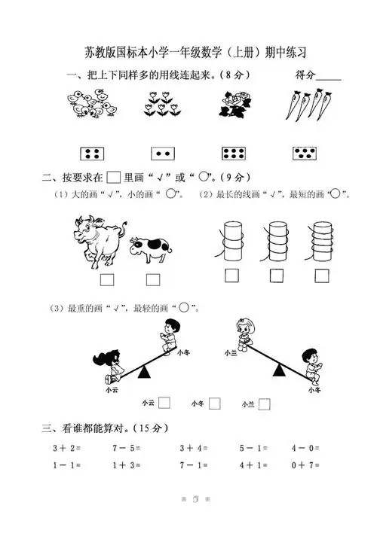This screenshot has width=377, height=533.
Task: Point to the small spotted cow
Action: point(150,249)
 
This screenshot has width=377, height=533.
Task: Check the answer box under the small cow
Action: point(153,280)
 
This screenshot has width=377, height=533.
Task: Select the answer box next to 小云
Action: point(164,403)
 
